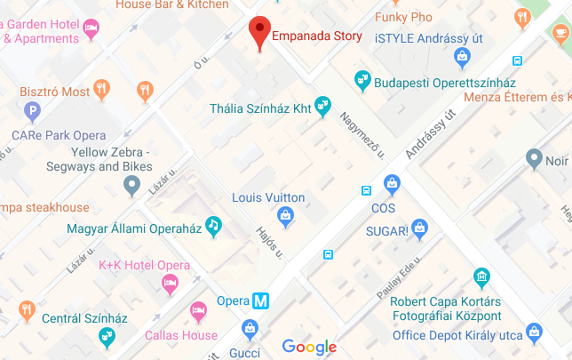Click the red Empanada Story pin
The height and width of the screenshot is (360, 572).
pyautogui.click(x=258, y=32)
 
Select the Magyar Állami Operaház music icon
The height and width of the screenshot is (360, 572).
pyautogui.click(x=213, y=226)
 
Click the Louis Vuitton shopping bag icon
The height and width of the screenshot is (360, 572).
pyautogui.click(x=285, y=214)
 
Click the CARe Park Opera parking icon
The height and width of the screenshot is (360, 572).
pyautogui.click(x=33, y=112)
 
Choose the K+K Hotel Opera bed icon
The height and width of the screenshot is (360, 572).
pyautogui.click(x=170, y=284)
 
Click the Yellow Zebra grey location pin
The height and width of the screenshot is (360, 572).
pyautogui.click(x=132, y=186)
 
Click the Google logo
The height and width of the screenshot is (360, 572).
pyautogui.click(x=309, y=347)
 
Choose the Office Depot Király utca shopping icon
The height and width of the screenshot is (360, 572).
pyautogui.click(x=534, y=333)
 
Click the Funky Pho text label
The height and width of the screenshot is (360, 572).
pyautogui.click(x=403, y=17)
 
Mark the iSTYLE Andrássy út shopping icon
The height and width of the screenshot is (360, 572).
pyautogui.click(x=461, y=58)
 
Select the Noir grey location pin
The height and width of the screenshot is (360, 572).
pyautogui.click(x=534, y=161)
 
